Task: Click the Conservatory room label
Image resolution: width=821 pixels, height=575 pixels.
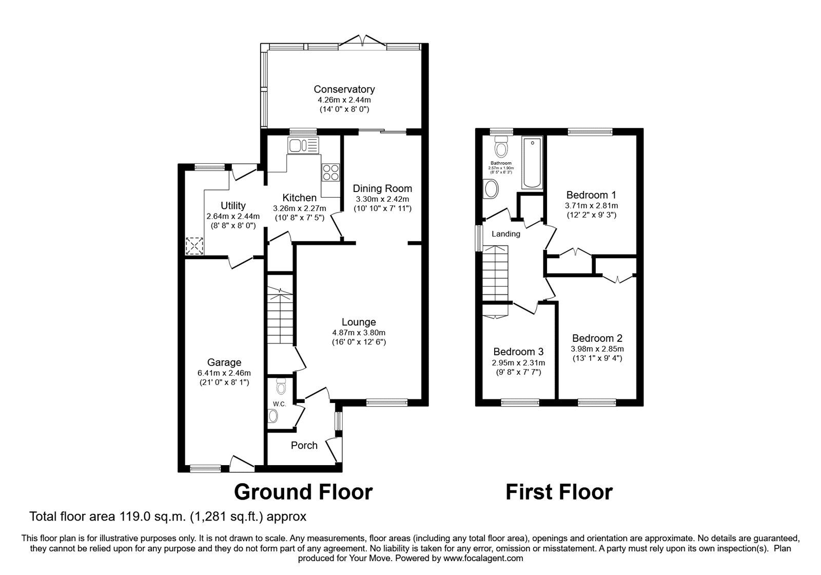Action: (344, 89)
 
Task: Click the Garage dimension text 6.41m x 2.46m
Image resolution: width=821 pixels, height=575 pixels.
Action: (224, 373)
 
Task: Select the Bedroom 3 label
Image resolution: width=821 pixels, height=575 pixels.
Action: (518, 352)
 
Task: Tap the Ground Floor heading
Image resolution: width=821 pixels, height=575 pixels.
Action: (303, 492)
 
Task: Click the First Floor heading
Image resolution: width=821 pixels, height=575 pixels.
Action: (559, 492)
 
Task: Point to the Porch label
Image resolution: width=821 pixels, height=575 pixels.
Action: (304, 445)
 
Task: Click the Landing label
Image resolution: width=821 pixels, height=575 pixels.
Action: (506, 234)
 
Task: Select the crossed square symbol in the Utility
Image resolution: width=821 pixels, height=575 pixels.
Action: (194, 246)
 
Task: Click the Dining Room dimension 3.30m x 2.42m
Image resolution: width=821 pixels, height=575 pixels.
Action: (382, 199)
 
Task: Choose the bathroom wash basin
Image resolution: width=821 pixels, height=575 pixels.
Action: (491, 189)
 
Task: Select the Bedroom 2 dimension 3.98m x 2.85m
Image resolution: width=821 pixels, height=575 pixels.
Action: (597, 349)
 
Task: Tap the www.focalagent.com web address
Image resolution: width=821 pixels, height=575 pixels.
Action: (483, 558)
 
